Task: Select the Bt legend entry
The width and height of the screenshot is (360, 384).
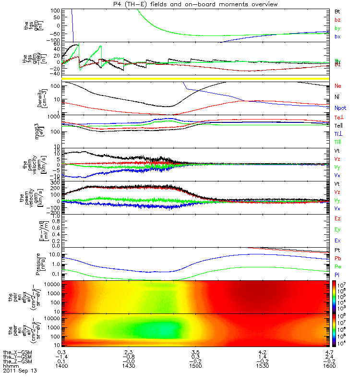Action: pos(338,11)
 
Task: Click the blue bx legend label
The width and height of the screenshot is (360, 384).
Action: pos(338,37)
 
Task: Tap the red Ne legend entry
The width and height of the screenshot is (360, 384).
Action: pos(338,86)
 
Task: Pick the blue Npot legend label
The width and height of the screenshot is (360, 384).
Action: pos(340,108)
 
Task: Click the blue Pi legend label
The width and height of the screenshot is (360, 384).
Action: pos(338,275)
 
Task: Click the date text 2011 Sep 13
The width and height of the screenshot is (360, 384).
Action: pos(20,371)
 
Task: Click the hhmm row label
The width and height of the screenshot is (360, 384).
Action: pos(11,366)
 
